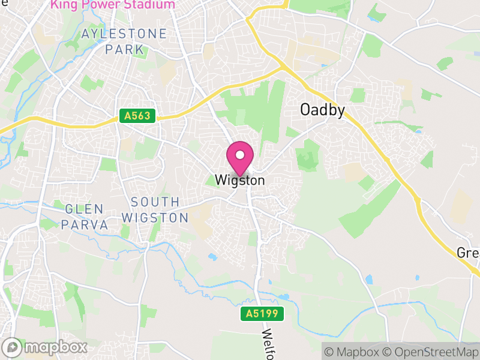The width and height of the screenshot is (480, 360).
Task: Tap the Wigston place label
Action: pyautogui.click(x=240, y=179)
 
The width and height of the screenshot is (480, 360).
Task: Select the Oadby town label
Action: pyautogui.click(x=322, y=110)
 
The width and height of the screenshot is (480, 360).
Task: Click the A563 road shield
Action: pyautogui.click(x=137, y=116)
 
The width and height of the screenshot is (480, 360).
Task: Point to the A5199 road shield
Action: pyautogui.click(x=262, y=313)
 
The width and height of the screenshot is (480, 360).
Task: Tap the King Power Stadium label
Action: pyautogui.click(x=113, y=5)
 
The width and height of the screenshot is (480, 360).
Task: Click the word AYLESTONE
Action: pyautogui.click(x=124, y=34)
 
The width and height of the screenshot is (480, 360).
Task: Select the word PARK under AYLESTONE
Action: pyautogui.click(x=124, y=49)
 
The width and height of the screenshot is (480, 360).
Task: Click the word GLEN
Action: pyautogui.click(x=84, y=209)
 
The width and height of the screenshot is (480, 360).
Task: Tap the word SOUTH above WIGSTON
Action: pyautogui.click(x=155, y=202)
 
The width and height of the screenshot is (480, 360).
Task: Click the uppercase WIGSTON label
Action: pyautogui.click(x=155, y=217)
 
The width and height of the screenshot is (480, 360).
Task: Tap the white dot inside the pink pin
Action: pyautogui.click(x=240, y=154)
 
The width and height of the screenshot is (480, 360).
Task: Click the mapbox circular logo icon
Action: pyautogui.click(x=12, y=347)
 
